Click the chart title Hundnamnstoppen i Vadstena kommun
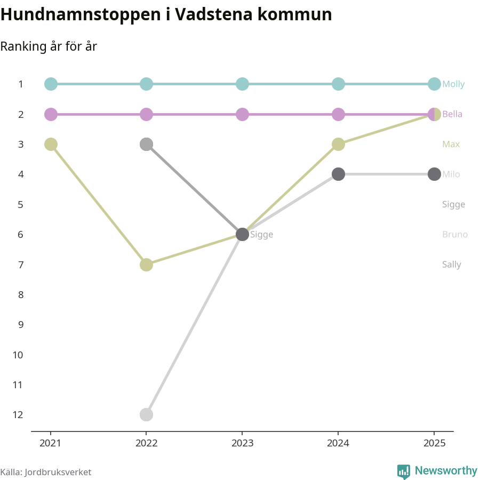[166, 15]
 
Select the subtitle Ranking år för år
[49, 46]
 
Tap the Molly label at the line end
[453, 84]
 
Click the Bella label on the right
[452, 114]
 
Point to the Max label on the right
[451, 145]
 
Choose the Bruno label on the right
[455, 235]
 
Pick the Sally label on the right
[451, 265]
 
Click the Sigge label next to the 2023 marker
[261, 235]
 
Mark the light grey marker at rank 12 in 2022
[147, 414]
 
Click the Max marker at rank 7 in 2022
[147, 265]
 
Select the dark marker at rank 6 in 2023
[242, 235]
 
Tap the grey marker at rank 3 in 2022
[147, 144]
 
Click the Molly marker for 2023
[242, 84]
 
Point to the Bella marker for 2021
[51, 114]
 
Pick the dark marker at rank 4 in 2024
[338, 174]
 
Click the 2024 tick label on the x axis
[338, 443]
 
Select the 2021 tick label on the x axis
[51, 443]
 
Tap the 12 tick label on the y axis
[18, 414]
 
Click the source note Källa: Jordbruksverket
[46, 472]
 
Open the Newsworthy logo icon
[404, 471]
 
